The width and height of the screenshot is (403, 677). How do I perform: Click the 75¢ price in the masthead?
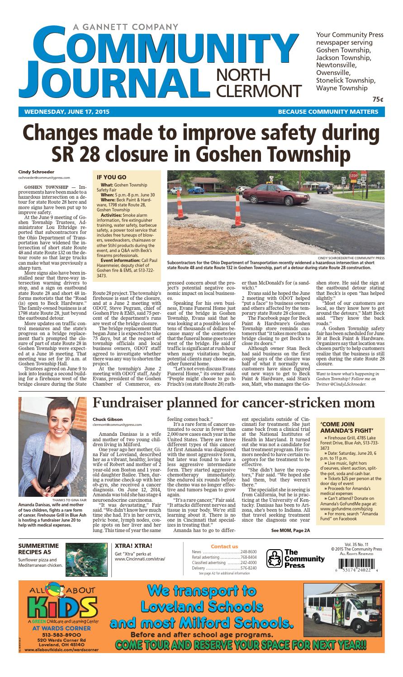point(378,99)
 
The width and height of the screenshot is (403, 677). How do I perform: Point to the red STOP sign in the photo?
point(353,175)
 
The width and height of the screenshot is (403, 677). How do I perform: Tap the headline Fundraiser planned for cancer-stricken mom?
point(233,402)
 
